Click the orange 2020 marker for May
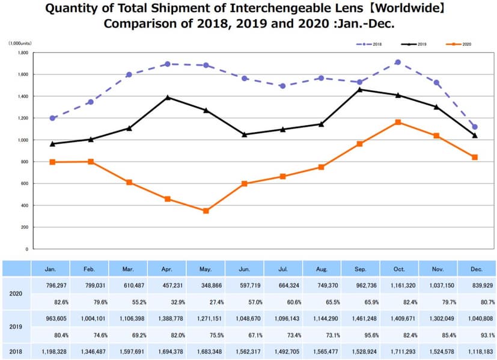[x=206, y=211]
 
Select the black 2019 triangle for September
[x=359, y=90]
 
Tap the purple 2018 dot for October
[x=398, y=62]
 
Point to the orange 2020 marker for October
[x=398, y=122]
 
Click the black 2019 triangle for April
[x=168, y=97]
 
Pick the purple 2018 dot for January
[x=52, y=118]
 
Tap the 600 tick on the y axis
[x=25, y=184]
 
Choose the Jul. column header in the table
[x=282, y=269]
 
